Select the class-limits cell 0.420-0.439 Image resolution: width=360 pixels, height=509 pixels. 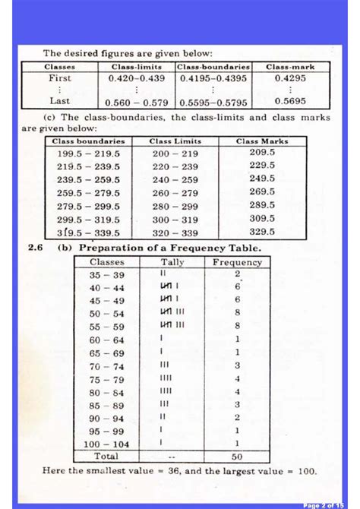(137, 78)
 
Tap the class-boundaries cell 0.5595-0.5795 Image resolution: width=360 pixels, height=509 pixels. (214, 101)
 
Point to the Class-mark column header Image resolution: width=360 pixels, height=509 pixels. (290, 67)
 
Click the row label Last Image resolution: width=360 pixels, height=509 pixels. (60, 100)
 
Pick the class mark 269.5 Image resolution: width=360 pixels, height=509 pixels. (262, 192)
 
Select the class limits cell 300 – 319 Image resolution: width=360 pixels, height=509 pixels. (175, 219)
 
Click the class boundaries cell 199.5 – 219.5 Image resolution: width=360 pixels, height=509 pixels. (90, 153)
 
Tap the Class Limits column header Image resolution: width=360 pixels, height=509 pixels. (175, 141)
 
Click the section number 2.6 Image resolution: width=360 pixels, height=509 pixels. (36, 248)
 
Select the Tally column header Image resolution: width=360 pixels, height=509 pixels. (172, 262)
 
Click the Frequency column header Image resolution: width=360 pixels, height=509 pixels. (238, 262)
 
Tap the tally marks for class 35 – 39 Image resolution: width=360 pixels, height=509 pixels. (163, 273)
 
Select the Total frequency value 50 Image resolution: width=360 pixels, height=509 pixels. (238, 457)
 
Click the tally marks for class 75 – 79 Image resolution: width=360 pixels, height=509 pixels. (167, 378)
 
